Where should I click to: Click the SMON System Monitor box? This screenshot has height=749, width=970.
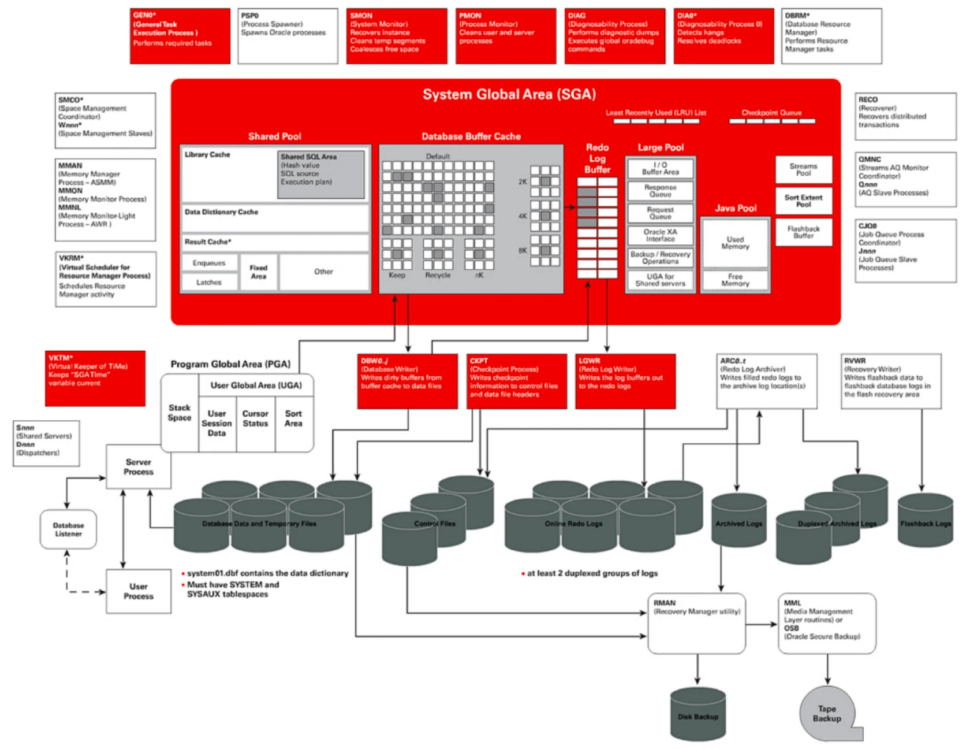tap(396, 35)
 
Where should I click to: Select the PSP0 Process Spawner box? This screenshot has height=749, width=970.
tap(288, 35)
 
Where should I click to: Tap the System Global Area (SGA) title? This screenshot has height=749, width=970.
tap(509, 94)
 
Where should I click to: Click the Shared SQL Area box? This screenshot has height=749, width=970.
tap(321, 174)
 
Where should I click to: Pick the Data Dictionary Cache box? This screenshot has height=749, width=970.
tap(275, 218)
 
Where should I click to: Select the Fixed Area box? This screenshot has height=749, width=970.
tap(258, 272)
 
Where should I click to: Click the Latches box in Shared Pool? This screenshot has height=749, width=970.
tap(209, 282)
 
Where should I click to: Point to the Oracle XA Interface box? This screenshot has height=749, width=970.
tap(660, 235)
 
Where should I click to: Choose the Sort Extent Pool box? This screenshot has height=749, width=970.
tap(803, 201)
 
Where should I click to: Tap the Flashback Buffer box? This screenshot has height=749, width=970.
tap(803, 232)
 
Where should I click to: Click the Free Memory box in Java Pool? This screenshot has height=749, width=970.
tap(735, 280)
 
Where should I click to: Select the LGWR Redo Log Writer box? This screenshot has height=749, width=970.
tap(625, 381)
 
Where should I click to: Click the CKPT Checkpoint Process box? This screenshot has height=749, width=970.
tap(516, 381)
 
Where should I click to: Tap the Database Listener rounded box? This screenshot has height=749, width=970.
tap(68, 529)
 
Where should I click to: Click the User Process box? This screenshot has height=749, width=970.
tap(139, 591)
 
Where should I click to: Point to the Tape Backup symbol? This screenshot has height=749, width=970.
tap(827, 714)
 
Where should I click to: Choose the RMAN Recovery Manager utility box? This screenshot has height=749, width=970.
tap(696, 623)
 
